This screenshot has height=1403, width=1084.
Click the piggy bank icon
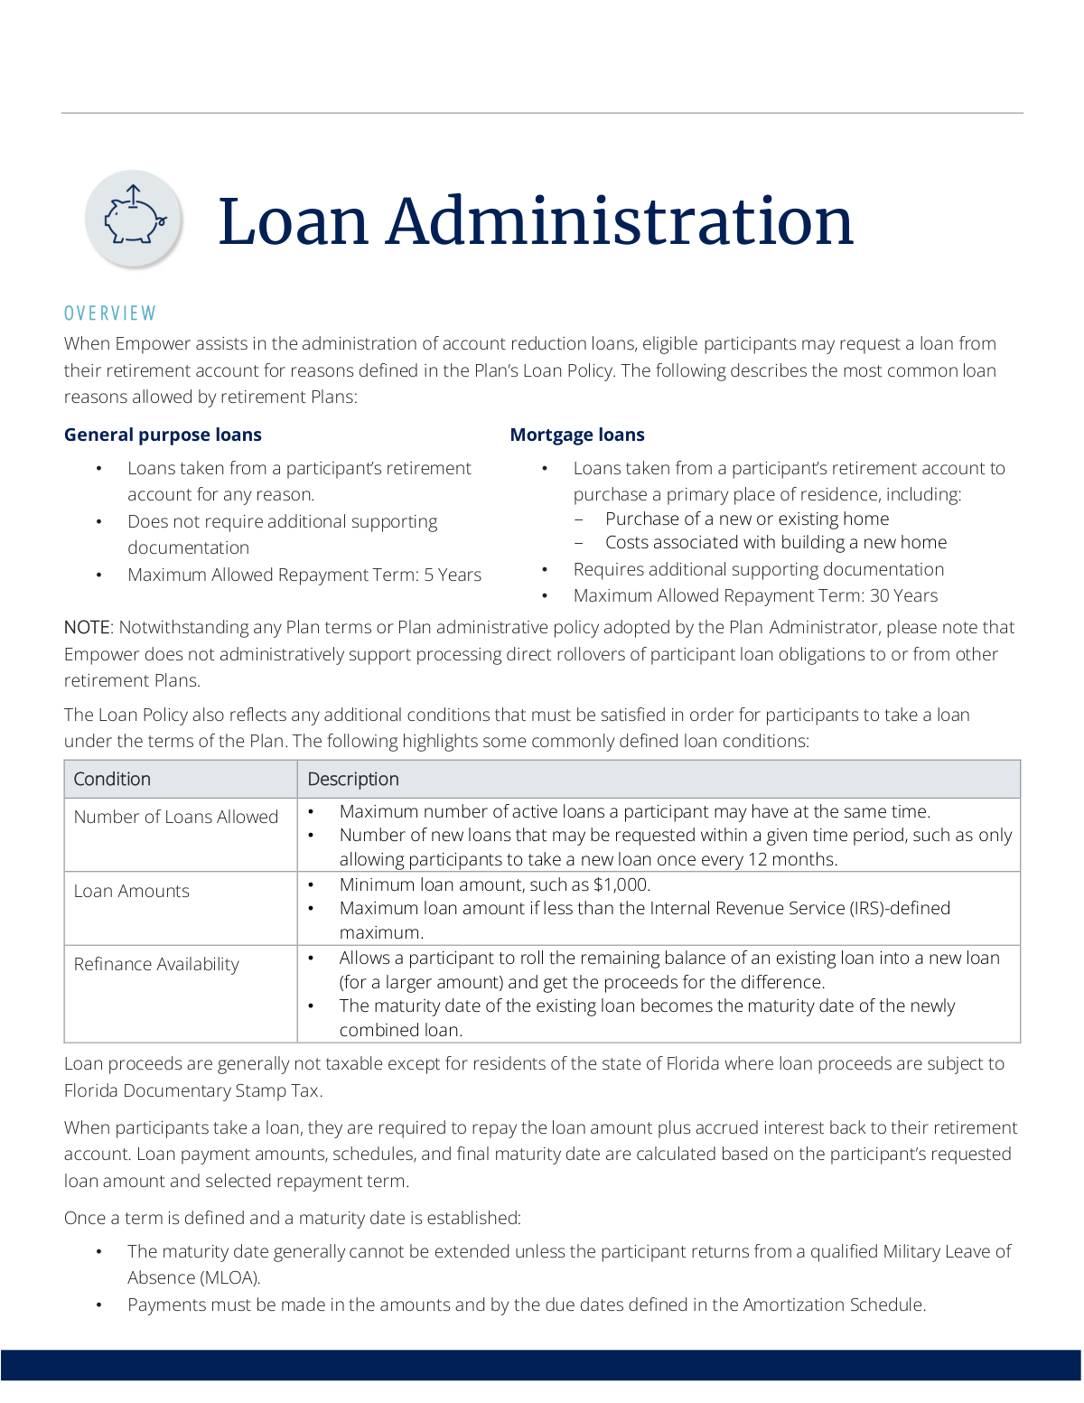(135, 219)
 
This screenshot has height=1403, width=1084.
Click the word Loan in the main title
(293, 222)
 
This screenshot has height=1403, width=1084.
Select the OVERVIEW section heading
(110, 313)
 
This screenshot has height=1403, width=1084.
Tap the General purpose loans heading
(163, 435)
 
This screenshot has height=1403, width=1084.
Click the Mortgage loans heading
(577, 435)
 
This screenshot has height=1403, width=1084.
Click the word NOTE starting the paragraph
(87, 627)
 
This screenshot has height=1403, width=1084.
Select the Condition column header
(112, 779)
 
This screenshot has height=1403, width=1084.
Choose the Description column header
(353, 779)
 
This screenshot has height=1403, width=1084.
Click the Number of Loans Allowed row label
(176, 817)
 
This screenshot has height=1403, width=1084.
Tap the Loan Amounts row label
(132, 891)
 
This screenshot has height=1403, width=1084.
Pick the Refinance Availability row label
(156, 964)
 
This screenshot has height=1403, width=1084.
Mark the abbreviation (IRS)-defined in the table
(900, 908)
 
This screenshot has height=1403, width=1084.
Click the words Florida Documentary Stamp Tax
(192, 1090)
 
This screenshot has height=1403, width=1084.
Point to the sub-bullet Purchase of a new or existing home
(747, 519)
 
